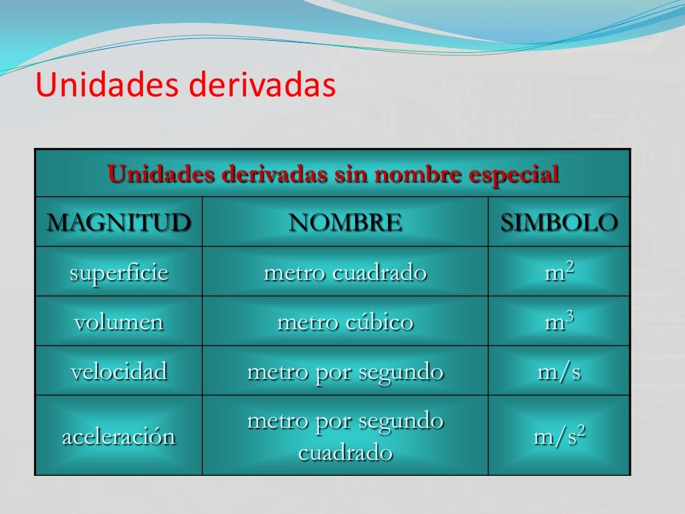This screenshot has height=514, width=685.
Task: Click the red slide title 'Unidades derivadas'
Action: [x=185, y=86]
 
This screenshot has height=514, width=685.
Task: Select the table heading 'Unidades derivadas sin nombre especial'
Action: [x=333, y=175]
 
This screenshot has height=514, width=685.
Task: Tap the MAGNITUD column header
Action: [x=118, y=222]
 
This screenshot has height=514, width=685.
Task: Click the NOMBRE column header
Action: [x=345, y=222]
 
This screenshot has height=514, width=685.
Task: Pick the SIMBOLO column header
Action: [x=559, y=222]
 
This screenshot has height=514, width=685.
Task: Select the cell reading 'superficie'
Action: [x=118, y=272]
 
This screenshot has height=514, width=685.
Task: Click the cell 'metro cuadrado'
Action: [x=345, y=272]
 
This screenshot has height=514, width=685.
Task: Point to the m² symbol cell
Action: [x=559, y=272]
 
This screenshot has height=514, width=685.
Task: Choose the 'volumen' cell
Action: [x=118, y=322]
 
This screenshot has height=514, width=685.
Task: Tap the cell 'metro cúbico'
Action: [x=345, y=322]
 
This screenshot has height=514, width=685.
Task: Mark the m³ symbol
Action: [x=559, y=322]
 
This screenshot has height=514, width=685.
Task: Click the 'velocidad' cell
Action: [x=118, y=371]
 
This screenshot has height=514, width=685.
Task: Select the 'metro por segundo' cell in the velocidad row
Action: [x=345, y=371]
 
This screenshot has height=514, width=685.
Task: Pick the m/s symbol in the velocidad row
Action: [x=559, y=371]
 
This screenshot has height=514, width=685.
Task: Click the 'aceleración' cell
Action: [x=118, y=437]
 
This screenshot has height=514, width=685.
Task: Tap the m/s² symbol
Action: [x=559, y=437]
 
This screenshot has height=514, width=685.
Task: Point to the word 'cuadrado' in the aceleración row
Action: [x=345, y=453]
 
